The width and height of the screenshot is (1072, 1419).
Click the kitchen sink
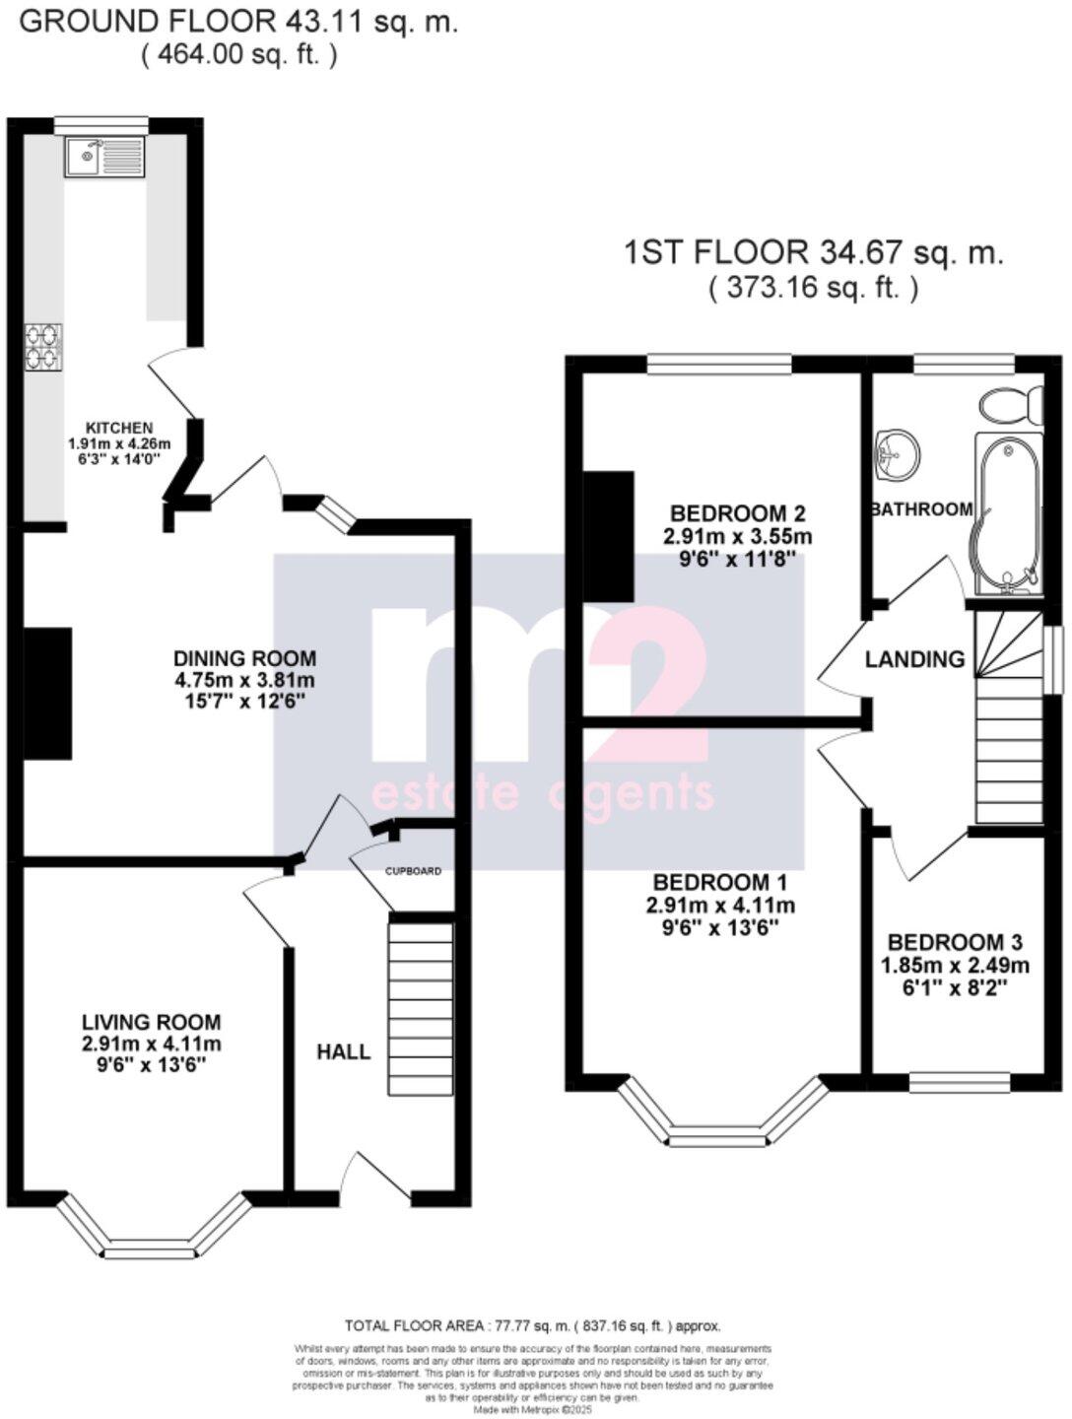104,157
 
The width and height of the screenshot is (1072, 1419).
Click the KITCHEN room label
119,428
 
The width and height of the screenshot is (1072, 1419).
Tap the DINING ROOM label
245,658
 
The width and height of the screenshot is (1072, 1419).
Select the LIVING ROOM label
151,1022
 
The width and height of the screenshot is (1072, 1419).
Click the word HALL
344,1051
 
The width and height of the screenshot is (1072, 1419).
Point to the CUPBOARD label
412,871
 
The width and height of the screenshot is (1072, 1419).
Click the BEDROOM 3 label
955,941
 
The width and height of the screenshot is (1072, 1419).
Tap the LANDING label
914,659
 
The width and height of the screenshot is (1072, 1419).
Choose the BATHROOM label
921,509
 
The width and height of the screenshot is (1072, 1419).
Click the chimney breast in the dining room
47,693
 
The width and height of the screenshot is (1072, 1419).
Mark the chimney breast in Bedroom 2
608,536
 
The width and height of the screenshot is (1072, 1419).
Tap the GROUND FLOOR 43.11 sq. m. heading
238,22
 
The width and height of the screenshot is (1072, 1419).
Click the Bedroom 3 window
959,1083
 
